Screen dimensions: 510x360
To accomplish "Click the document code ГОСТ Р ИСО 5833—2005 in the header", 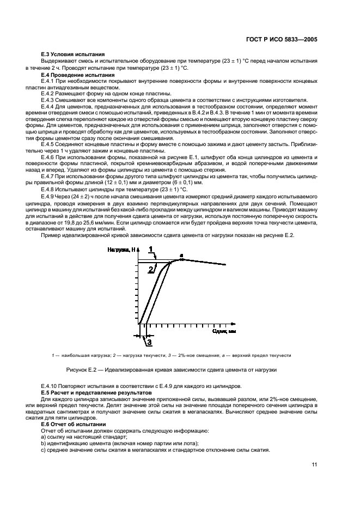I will pos(283,39).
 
